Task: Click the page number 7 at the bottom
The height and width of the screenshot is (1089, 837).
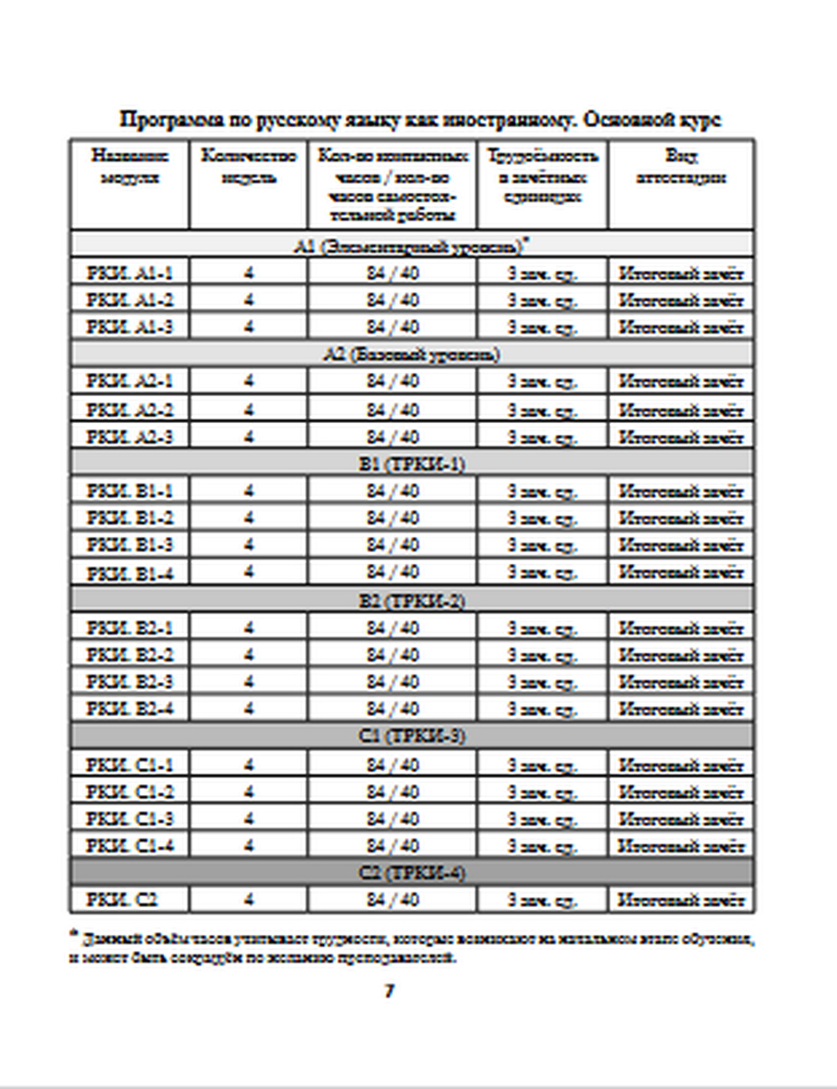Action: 389,991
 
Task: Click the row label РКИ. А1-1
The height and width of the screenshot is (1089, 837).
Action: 130,273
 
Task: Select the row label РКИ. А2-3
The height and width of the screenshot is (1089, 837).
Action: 130,436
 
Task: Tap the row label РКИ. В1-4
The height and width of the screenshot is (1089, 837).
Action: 130,573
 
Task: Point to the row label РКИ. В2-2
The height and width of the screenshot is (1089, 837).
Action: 130,654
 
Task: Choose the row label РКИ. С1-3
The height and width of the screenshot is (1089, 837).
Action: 130,818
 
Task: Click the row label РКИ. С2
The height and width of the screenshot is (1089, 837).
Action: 122,900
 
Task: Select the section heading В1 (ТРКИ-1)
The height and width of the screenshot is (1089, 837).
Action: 412,463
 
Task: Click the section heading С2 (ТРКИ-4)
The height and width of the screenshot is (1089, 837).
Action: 412,873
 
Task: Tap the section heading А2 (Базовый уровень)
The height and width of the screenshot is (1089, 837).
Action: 412,354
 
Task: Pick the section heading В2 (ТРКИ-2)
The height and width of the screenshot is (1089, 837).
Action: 412,601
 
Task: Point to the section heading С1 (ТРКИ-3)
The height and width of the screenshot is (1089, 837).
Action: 412,736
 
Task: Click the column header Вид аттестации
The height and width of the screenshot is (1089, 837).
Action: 680,167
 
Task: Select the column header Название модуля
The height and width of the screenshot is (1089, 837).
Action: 130,167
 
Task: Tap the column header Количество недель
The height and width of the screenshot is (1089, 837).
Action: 249,167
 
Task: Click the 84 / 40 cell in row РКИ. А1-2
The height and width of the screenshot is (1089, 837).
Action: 393,300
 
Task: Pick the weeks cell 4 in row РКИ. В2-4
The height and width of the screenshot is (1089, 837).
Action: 249,709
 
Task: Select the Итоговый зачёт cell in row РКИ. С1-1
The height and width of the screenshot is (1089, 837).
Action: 680,764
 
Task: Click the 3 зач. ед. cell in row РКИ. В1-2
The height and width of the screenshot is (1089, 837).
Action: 542,518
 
